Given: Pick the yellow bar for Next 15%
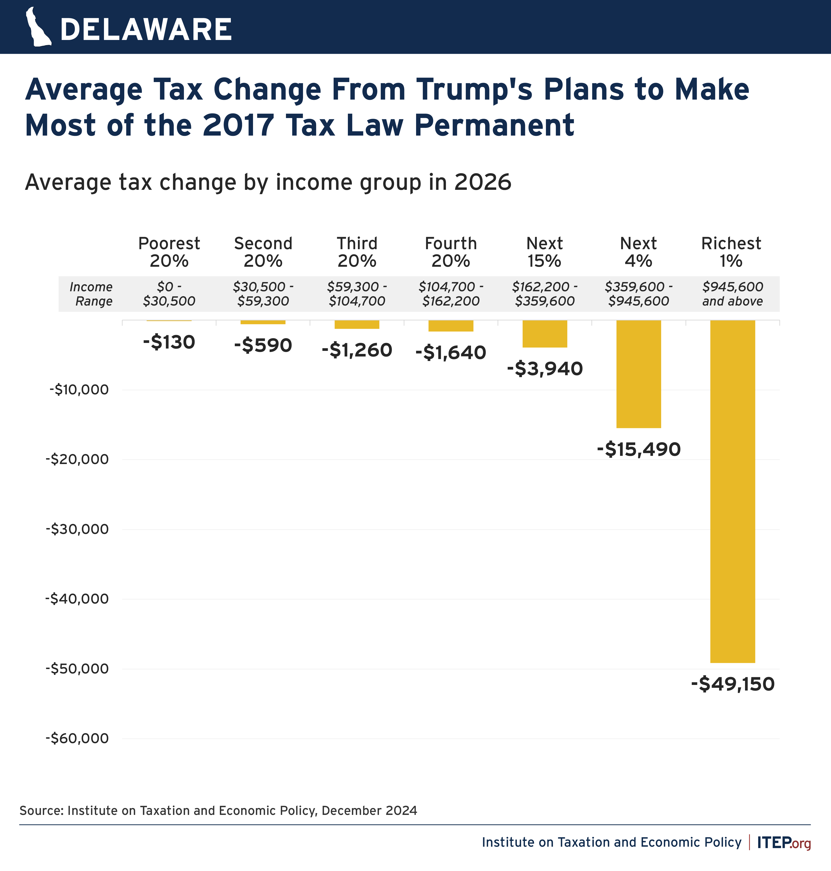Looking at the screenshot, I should [544, 334].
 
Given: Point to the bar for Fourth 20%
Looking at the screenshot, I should [450, 326].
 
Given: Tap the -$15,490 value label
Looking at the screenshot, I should [638, 449].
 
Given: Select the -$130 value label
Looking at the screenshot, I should [169, 342].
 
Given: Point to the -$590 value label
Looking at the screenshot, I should [263, 345].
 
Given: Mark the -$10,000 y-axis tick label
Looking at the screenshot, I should [79, 390].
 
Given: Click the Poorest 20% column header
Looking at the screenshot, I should [169, 252].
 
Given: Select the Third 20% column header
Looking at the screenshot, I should [357, 252].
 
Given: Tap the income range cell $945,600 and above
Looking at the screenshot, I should [732, 294].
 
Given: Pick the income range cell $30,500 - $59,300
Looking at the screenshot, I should [263, 294].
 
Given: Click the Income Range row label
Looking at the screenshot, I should [91, 294].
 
